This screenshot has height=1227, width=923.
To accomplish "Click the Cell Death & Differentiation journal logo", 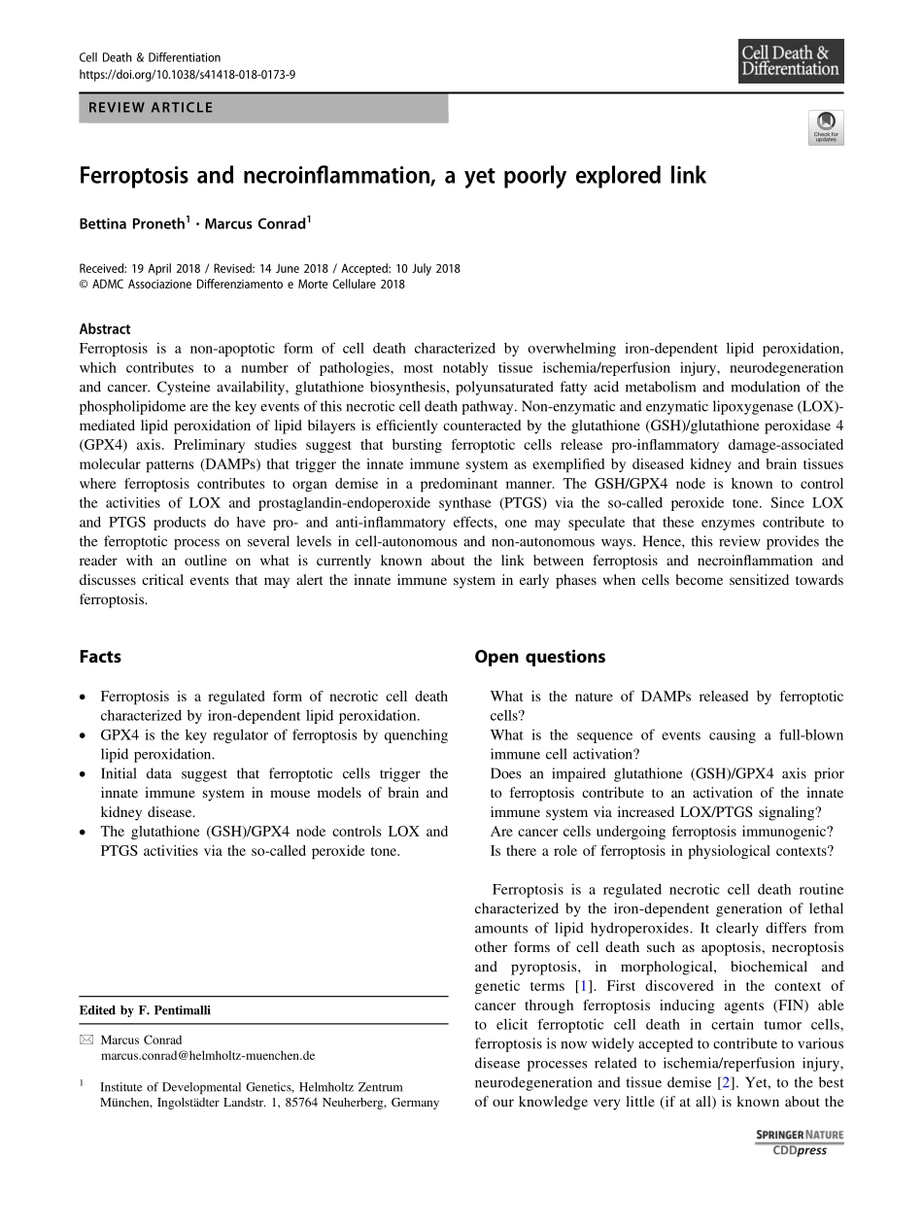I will tap(790, 61).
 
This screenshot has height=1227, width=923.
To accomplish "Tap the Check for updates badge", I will tap(826, 127).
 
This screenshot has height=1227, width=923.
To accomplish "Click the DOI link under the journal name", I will tap(187, 74).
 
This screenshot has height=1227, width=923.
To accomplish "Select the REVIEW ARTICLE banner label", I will tap(151, 108).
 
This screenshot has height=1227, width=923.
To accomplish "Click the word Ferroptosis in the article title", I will tap(136, 177).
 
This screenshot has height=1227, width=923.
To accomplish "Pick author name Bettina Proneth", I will tap(131, 223).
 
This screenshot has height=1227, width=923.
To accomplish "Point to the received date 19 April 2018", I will tap(160, 269).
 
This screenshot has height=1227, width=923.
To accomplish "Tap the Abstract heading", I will tap(105, 329).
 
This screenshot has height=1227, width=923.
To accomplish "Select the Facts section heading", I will tap(100, 657).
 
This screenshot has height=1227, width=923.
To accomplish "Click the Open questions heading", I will tap(539, 657).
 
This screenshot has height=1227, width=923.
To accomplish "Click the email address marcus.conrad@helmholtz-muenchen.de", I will tap(208, 1055).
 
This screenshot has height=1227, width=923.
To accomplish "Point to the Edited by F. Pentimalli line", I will tap(145, 1010).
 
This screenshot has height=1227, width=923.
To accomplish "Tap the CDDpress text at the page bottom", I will tap(800, 1151).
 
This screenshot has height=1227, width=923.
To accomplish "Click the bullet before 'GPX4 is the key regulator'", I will tap(85, 735).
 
